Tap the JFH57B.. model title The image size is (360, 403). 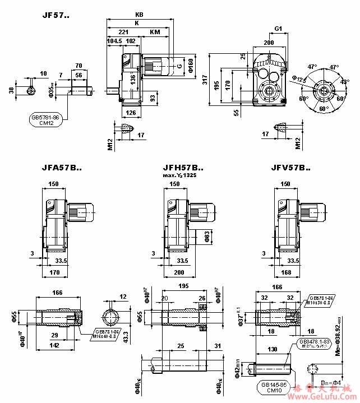[183, 167]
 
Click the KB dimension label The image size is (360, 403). [139, 15]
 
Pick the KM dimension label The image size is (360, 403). [155, 33]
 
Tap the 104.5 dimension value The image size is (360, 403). [114, 41]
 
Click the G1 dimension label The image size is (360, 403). [278, 28]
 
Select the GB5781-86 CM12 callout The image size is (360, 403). [48, 121]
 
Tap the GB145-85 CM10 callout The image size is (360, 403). [273, 387]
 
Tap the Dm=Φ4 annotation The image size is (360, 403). [329, 383]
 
